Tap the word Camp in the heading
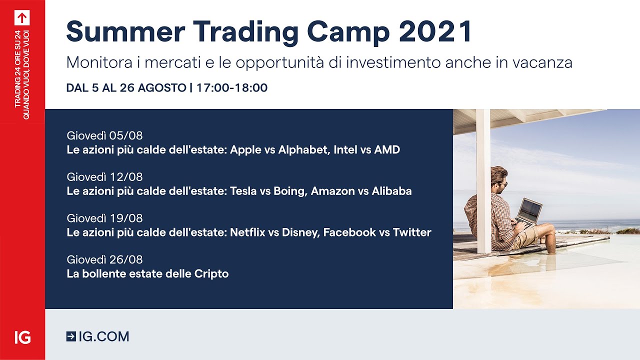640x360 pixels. click(x=348, y=31)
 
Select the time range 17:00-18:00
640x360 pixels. click(x=232, y=88)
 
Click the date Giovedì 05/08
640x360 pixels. click(x=104, y=135)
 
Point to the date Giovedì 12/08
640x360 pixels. click(x=104, y=177)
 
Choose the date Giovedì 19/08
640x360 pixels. click(x=104, y=218)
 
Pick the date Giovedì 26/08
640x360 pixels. click(x=104, y=259)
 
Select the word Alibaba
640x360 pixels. click(x=391, y=191)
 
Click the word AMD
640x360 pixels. click(x=387, y=149)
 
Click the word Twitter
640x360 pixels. click(x=412, y=232)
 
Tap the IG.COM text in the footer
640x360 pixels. click(x=104, y=336)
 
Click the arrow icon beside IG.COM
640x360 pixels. click(x=71, y=336)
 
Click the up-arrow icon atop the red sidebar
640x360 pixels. click(x=22, y=17)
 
